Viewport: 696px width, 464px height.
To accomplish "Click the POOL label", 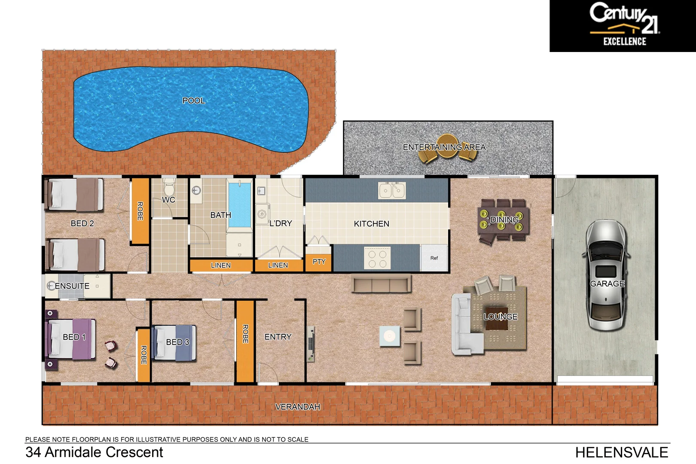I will (x=194, y=101).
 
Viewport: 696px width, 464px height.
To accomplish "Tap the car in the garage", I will (x=606, y=275).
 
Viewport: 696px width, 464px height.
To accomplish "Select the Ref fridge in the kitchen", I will (x=434, y=258).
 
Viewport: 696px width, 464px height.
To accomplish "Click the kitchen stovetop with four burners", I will (x=377, y=258).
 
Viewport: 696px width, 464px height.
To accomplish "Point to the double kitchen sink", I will (x=392, y=190).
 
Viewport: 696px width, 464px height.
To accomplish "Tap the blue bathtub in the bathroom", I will (x=239, y=205).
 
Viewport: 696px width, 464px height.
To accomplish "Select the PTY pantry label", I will (x=319, y=262).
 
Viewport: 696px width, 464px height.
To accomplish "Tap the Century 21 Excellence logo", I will (x=623, y=26).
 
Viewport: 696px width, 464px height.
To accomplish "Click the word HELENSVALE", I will (x=621, y=452).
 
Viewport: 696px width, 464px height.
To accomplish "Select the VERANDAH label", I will (x=297, y=406).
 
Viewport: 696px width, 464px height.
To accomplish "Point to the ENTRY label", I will (x=278, y=337).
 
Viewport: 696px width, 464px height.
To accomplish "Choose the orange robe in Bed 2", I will (x=140, y=211).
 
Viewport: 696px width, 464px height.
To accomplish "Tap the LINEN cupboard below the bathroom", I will (x=221, y=266).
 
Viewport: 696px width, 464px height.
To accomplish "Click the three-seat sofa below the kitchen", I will (x=382, y=284).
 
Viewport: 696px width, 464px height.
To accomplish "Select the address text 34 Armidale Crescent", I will (x=94, y=452).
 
